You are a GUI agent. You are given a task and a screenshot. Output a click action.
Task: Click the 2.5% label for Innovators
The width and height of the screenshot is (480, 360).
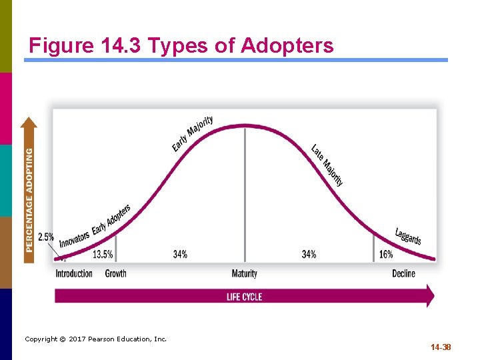tap(46, 237)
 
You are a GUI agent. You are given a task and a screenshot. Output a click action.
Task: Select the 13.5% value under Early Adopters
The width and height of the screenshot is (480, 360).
tap(103, 254)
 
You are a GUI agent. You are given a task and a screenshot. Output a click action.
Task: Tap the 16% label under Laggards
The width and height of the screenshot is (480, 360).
tap(386, 254)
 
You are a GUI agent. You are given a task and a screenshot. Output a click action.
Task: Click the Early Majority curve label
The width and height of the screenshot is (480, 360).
tap(193, 133)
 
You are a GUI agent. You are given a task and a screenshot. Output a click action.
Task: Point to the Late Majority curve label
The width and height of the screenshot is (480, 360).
tap(327, 165)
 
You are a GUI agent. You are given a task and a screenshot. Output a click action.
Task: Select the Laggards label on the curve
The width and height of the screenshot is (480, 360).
tap(408, 237)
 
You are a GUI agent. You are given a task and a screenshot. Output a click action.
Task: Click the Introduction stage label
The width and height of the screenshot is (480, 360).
tap(74, 273)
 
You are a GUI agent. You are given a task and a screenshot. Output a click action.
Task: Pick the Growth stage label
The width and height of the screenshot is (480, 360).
tap(116, 273)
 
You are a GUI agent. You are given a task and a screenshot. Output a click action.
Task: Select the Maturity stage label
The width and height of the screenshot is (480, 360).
tap(244, 273)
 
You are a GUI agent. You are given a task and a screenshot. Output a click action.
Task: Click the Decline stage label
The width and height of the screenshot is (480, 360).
tap(403, 273)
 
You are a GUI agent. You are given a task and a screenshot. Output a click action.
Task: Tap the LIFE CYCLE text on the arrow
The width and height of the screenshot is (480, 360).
tap(244, 297)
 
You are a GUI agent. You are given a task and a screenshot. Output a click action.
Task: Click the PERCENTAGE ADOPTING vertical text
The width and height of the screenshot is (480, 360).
tap(29, 200)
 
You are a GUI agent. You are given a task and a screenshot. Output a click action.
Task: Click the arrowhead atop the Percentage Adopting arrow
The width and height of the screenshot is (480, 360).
tap(29, 123)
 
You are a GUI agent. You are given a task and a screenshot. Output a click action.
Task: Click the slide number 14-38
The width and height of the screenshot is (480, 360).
tap(441, 347)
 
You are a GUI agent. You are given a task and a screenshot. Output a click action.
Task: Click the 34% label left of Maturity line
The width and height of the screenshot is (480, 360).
tap(180, 254)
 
